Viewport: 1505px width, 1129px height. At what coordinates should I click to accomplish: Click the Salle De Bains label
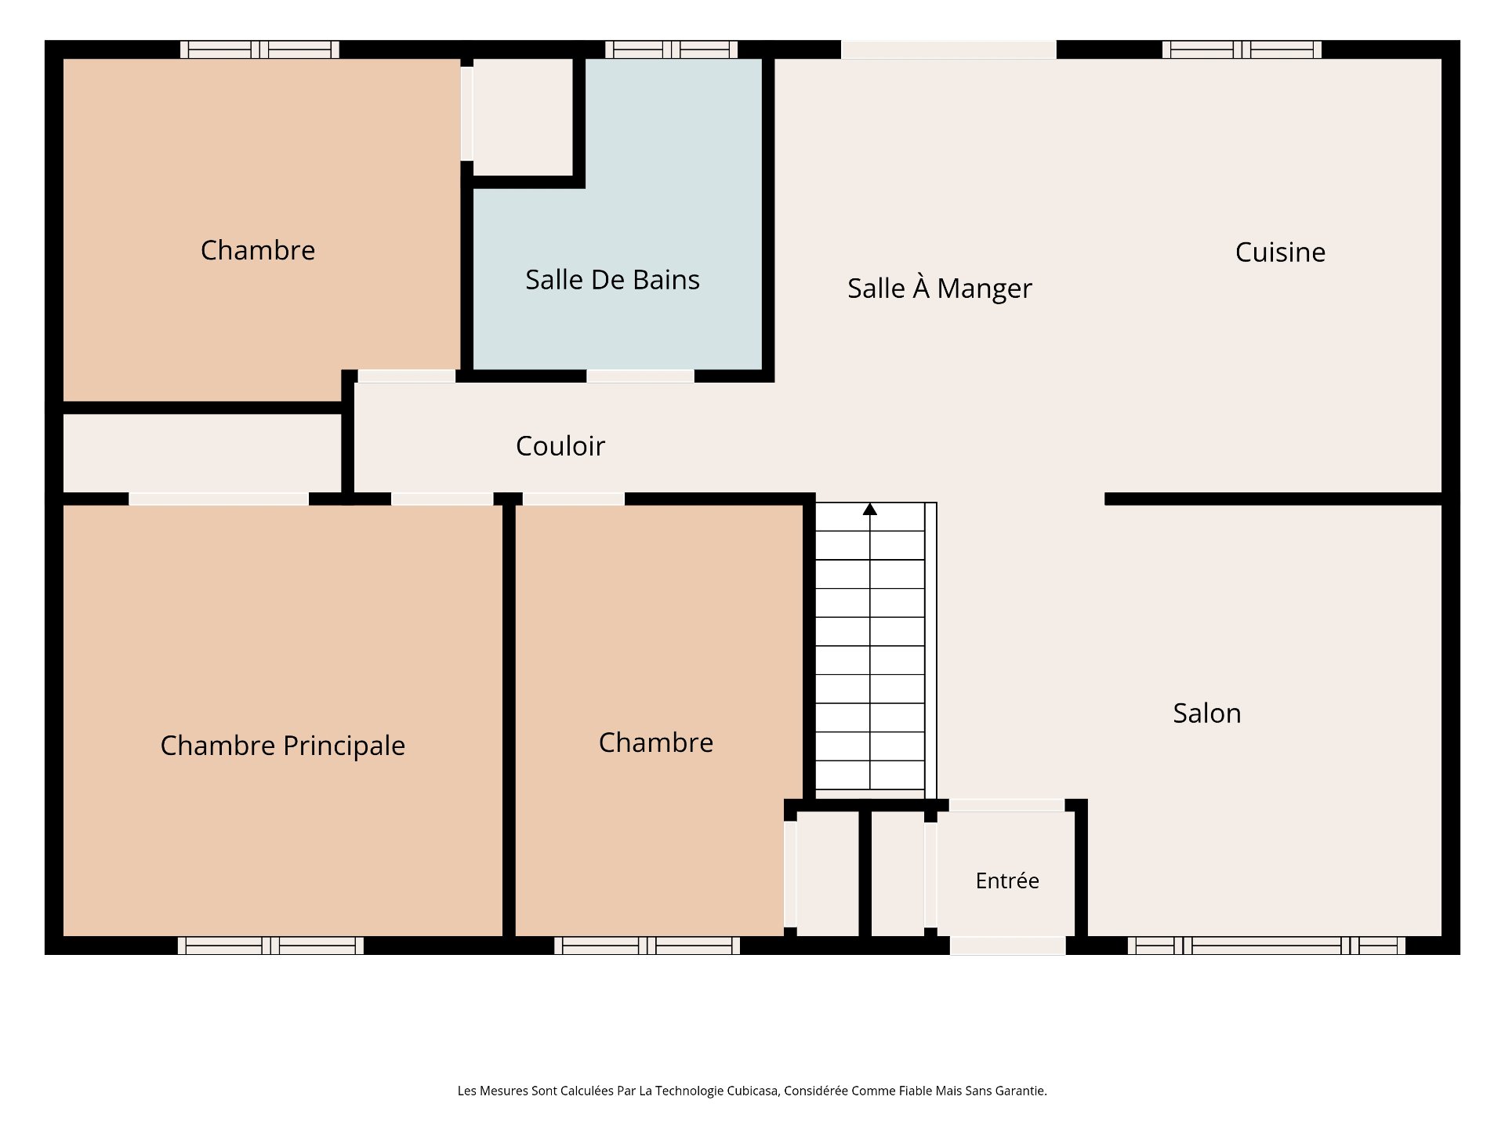[612, 280]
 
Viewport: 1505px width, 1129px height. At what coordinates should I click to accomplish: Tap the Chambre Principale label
[283, 746]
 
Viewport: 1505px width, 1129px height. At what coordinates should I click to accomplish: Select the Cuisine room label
[1280, 252]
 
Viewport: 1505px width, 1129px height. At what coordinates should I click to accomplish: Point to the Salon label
[1207, 713]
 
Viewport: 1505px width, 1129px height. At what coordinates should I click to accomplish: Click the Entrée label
[1007, 880]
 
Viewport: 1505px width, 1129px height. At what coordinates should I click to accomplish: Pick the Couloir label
[560, 446]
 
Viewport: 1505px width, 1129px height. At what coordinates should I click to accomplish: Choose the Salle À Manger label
[940, 288]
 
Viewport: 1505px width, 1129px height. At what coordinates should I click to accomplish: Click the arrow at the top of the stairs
[870, 510]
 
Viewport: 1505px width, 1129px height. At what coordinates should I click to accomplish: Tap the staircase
[876, 646]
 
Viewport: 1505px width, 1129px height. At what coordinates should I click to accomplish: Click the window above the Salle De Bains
[671, 49]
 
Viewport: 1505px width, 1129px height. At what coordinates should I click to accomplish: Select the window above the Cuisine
[1242, 49]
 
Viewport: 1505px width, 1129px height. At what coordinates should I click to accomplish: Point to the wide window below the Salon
[1266, 946]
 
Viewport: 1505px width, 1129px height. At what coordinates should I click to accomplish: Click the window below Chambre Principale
[270, 946]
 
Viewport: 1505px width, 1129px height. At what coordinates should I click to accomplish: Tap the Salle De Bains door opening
[640, 376]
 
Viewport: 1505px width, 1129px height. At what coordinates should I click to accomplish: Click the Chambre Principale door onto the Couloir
[442, 499]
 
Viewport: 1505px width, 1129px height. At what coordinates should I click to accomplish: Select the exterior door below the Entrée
[1007, 946]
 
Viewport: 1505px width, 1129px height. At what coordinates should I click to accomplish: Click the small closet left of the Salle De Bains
[523, 117]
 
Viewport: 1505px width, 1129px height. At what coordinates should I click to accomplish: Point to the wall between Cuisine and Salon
[1274, 499]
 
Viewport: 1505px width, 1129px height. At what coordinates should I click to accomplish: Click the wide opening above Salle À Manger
[948, 49]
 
